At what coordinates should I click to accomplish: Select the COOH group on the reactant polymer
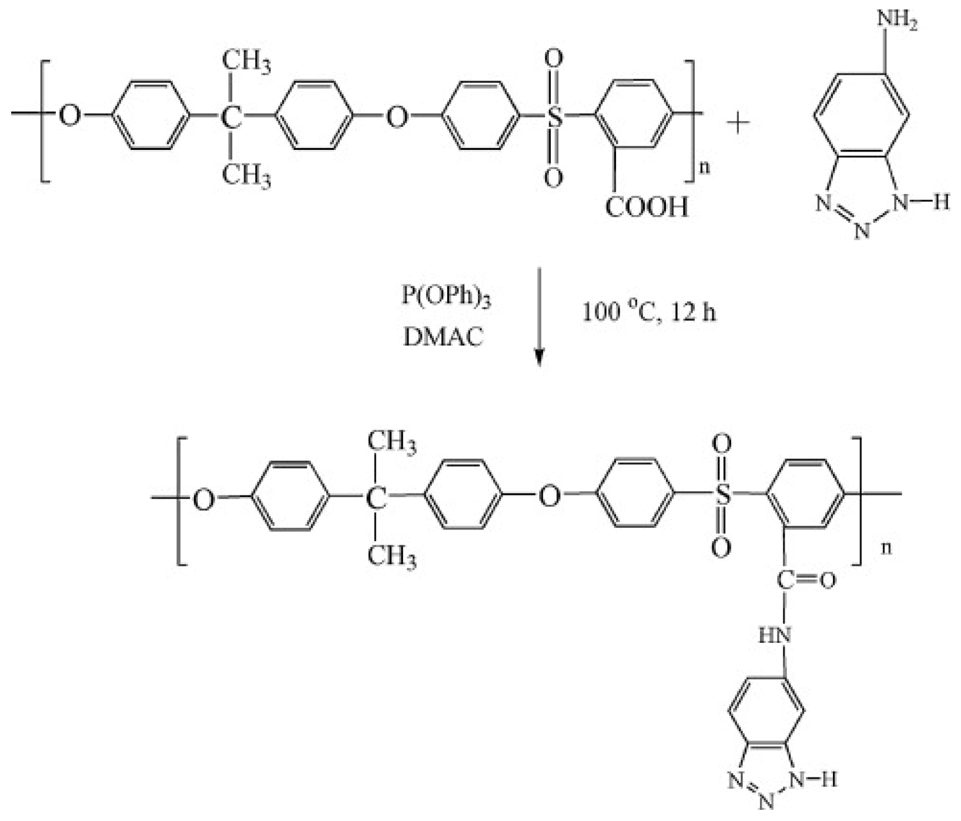646,207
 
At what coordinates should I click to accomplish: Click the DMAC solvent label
444,337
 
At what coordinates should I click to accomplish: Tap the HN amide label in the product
775,635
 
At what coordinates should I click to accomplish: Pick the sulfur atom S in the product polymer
723,494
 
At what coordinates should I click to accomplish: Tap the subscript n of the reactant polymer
705,167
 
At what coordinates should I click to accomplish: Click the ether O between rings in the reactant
397,117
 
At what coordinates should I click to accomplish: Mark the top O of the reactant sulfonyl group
553,58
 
